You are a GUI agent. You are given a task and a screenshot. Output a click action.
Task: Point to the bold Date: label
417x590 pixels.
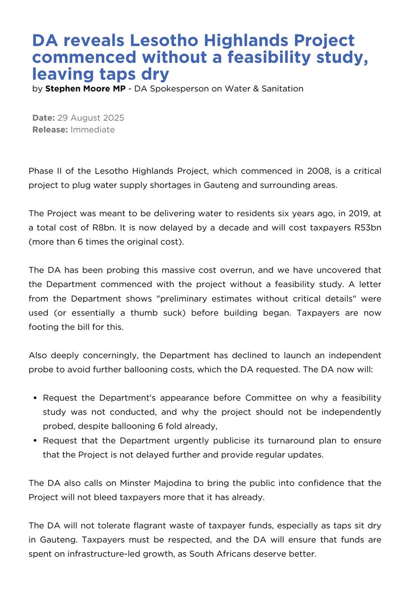(43, 118)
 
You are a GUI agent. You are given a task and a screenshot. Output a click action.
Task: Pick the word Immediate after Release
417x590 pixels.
(92, 130)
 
